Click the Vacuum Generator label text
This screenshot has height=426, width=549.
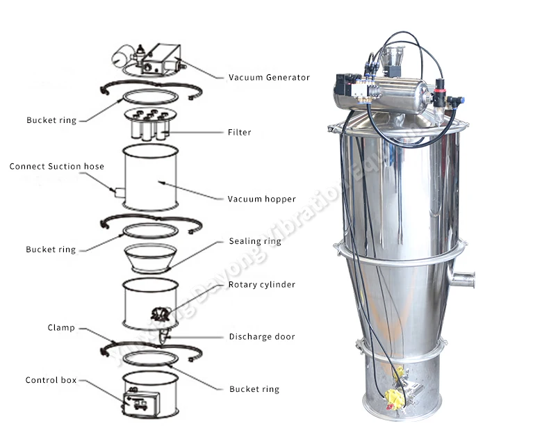point(269,77)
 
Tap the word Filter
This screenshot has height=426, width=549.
point(239,132)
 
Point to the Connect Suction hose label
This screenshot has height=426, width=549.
point(57,167)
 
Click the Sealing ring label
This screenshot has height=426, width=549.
point(255,242)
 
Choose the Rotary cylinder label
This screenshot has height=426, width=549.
point(262,284)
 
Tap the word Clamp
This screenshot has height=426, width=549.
point(61,327)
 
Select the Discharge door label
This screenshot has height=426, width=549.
point(262,337)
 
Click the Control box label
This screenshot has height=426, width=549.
point(51,380)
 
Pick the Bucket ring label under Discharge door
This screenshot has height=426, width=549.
point(254,389)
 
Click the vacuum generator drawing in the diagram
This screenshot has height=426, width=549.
point(154,58)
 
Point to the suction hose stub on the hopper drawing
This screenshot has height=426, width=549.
point(120,191)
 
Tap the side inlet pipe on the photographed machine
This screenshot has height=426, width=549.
point(462,279)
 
